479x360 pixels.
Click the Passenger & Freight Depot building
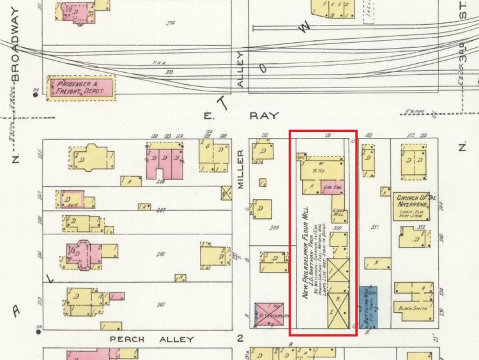point(80,87)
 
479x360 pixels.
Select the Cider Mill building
point(339,214)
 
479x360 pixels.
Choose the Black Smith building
point(414,308)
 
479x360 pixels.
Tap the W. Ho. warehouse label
point(319,169)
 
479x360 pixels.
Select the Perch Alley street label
point(151,340)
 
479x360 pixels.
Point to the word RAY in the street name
point(264,116)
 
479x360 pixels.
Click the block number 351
point(376,226)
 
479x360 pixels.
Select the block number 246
point(161,254)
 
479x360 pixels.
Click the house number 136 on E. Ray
point(328,135)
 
